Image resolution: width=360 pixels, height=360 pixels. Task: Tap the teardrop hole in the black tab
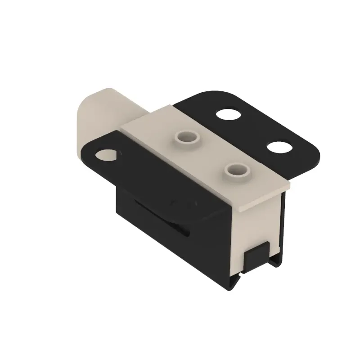point(107,155)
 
